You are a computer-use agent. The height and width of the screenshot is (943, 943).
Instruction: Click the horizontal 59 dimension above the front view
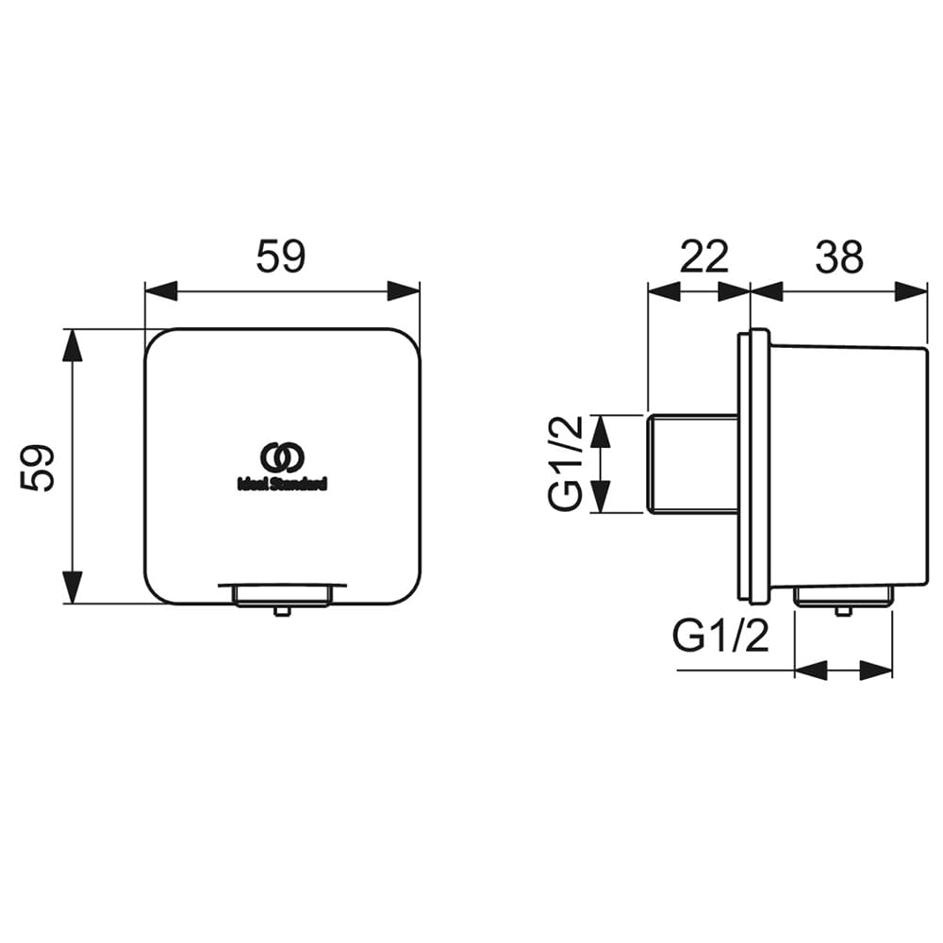pos(281,256)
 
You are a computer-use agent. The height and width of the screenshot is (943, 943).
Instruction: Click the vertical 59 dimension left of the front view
pos(38,469)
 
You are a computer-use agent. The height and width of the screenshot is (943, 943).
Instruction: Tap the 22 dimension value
pos(703,256)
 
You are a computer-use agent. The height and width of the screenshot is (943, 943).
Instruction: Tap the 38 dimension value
pos(839,256)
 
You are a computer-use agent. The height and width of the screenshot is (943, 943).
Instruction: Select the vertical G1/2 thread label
pos(566,463)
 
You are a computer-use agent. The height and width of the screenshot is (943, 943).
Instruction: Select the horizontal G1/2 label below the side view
pos(720,637)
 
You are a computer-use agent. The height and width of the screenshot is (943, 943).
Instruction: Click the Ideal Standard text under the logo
pos(282,484)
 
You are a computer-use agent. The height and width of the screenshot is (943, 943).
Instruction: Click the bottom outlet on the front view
pos(282,594)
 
